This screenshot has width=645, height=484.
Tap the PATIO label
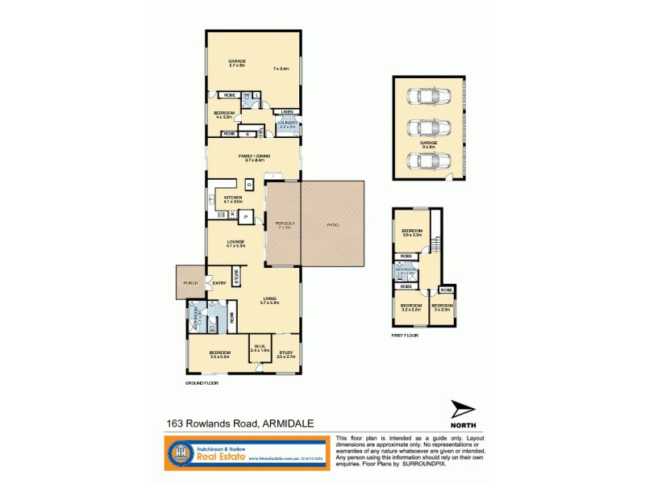[x=332, y=225]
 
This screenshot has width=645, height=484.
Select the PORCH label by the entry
[x=190, y=283]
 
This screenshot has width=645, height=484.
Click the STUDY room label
[x=286, y=353]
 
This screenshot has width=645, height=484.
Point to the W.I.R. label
[x=259, y=348]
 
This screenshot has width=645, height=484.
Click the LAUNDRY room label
[x=289, y=123]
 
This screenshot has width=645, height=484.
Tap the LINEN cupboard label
[x=287, y=111]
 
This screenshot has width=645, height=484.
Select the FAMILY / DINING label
[x=254, y=156]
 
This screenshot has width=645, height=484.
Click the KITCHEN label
[x=233, y=198]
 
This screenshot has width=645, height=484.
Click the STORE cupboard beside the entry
[x=237, y=276]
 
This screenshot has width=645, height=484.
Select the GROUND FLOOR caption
[x=202, y=383]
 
